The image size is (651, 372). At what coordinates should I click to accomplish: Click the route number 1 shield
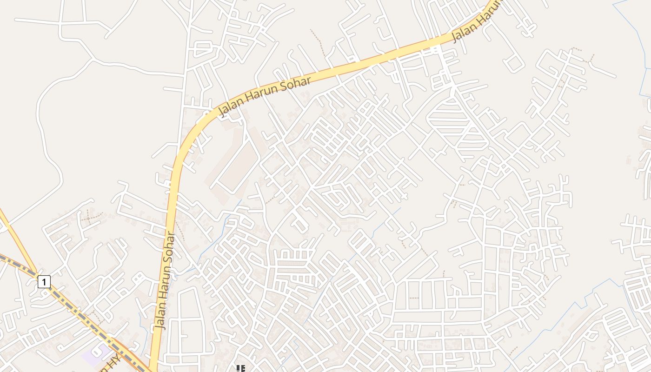[44, 281]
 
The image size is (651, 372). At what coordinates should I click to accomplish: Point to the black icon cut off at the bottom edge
[240, 369]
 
